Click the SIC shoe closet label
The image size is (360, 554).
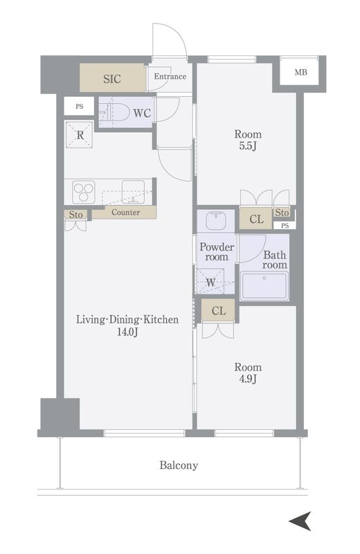pyautogui.click(x=112, y=78)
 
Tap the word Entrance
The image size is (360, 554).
pyautogui.click(x=170, y=76)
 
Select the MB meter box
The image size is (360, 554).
pyautogui.click(x=300, y=73)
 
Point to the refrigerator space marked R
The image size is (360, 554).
pyautogui.click(x=79, y=134)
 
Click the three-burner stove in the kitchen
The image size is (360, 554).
pyautogui.click(x=83, y=192)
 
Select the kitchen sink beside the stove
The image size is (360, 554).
pyautogui.click(x=133, y=192)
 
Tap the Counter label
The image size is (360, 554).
pyautogui.click(x=126, y=213)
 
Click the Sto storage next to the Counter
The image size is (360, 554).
pyautogui.click(x=75, y=215)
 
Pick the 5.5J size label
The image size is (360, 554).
pyautogui.click(x=248, y=145)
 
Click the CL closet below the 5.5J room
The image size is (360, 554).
pyautogui.click(x=255, y=219)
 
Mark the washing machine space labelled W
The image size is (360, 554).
pyautogui.click(x=210, y=281)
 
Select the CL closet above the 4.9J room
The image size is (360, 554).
pyautogui.click(x=218, y=310)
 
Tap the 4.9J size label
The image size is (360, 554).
pyautogui.click(x=248, y=379)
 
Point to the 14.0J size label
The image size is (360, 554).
pyautogui.click(x=127, y=332)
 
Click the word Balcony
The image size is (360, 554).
pyautogui.click(x=179, y=465)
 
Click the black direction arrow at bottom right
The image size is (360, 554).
pyautogui.click(x=300, y=521)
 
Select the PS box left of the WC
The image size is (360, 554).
pyautogui.click(x=79, y=106)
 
